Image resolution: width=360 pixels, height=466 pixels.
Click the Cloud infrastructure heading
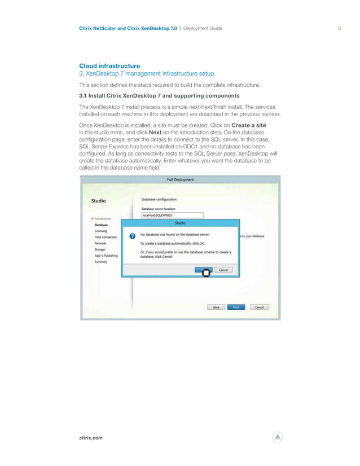pos(109,66)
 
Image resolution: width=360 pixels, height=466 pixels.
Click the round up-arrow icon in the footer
pos(277,437)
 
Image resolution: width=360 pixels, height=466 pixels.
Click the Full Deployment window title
pos(180,179)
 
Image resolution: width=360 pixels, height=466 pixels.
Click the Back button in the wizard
pos(216,307)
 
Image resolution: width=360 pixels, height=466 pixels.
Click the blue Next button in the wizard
pos(236,307)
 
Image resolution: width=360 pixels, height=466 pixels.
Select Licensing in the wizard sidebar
pos(102,231)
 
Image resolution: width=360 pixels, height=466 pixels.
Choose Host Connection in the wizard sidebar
pos(106,237)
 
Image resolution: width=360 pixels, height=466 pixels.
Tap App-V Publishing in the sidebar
pos(106,255)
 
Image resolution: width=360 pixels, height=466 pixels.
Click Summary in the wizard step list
pos(101,261)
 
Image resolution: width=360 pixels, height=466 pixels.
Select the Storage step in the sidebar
pos(100,249)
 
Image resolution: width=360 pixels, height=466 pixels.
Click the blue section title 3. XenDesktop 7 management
pos(147,74)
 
